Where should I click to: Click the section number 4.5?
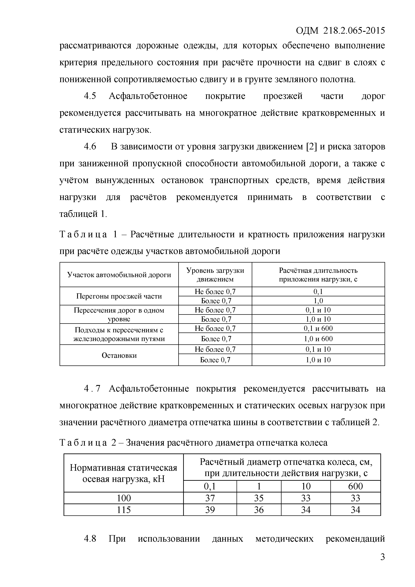pyautogui.click(x=90, y=96)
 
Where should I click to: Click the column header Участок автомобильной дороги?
pyautogui.click(x=119, y=275)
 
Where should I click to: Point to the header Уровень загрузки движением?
pyautogui.click(x=215, y=275)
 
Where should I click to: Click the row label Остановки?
pyautogui.click(x=119, y=355)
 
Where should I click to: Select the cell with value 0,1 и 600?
pyautogui.click(x=318, y=328)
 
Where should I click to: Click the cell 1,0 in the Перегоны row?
pyautogui.click(x=318, y=301)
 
